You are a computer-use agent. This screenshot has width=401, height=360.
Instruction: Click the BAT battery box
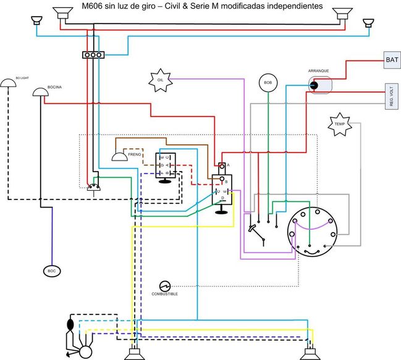click(391, 61)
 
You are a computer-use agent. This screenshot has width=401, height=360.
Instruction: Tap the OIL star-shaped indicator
click(159, 80)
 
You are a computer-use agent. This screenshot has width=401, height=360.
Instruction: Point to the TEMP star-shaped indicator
click(339, 123)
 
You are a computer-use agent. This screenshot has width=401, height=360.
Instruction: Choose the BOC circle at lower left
click(51, 271)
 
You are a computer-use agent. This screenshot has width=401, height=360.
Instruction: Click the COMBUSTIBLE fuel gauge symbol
click(164, 286)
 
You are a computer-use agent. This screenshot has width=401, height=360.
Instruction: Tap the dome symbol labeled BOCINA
click(40, 93)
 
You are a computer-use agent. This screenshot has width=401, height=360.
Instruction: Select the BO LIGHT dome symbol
click(8, 83)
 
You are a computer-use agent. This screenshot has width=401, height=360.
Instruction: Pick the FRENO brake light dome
click(119, 157)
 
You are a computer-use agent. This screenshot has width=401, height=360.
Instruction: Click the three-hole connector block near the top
click(93, 55)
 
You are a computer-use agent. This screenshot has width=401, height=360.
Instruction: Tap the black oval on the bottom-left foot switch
click(70, 324)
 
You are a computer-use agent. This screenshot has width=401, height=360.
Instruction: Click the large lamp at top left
click(62, 12)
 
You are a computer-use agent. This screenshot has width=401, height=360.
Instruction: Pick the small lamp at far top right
click(368, 23)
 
